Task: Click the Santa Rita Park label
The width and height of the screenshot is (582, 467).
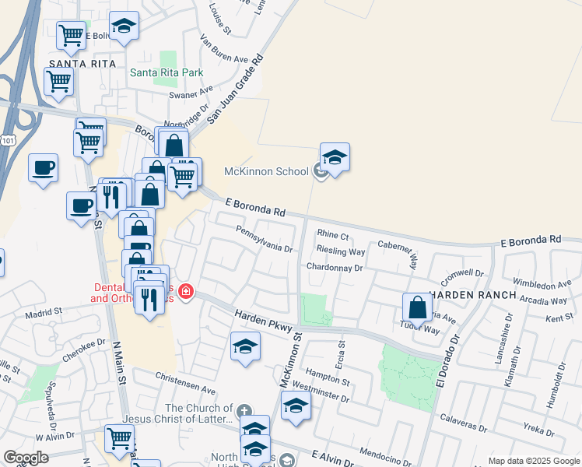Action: (167, 72)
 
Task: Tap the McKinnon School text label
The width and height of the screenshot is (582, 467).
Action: (266, 171)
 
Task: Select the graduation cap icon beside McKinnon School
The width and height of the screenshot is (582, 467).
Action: (335, 157)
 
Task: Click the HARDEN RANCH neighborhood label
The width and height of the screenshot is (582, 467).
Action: (473, 295)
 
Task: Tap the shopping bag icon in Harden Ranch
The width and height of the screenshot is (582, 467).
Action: (418, 307)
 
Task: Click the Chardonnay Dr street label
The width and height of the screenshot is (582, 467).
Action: (335, 267)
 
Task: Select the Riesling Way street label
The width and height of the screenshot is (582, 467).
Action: (341, 251)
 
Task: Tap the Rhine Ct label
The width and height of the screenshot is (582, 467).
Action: (332, 235)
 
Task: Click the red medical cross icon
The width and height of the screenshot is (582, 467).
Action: (186, 293)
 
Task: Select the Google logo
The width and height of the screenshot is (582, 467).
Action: (26, 458)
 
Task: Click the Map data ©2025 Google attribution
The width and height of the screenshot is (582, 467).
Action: (534, 461)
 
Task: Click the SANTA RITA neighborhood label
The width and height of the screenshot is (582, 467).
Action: (82, 63)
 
